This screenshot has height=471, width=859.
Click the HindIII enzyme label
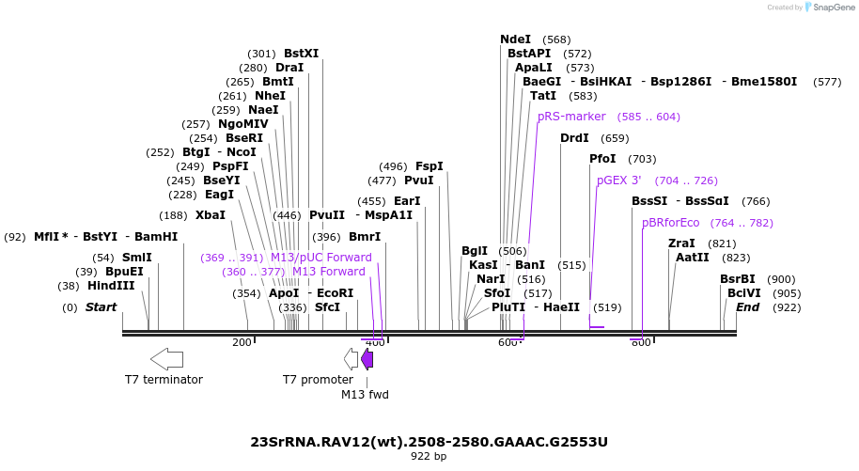click(111, 286)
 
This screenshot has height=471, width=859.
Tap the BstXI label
click(301, 54)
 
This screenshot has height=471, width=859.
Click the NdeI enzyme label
click(515, 39)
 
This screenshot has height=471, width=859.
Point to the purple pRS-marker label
click(571, 117)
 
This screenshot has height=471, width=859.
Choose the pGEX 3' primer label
click(618, 180)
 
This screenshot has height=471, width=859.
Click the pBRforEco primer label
click(670, 223)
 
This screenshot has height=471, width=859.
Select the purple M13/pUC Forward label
click(321, 258)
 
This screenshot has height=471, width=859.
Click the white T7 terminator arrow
click(166, 358)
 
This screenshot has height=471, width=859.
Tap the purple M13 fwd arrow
click(367, 358)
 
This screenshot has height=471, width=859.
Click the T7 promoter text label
click(318, 380)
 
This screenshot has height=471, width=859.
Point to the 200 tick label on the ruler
click(242, 342)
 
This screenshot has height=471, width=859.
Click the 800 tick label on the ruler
click(641, 342)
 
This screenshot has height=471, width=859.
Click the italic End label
click(747, 307)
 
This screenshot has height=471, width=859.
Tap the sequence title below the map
click(429, 441)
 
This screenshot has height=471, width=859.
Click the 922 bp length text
click(429, 457)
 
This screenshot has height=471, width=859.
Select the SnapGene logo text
click(832, 8)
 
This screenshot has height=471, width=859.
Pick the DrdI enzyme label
click(574, 138)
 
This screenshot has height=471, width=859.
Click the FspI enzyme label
click(429, 166)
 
